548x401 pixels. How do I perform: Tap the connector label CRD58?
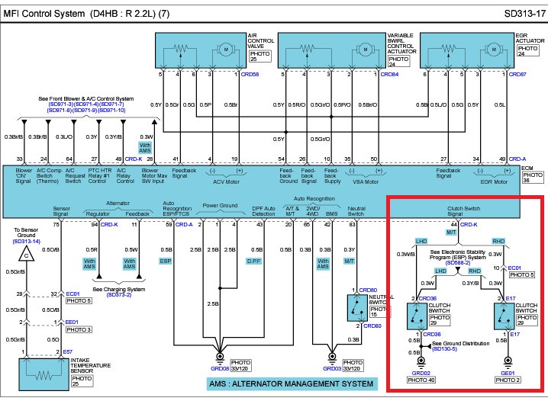[249, 74]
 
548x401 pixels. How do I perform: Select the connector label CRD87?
[517, 74]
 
